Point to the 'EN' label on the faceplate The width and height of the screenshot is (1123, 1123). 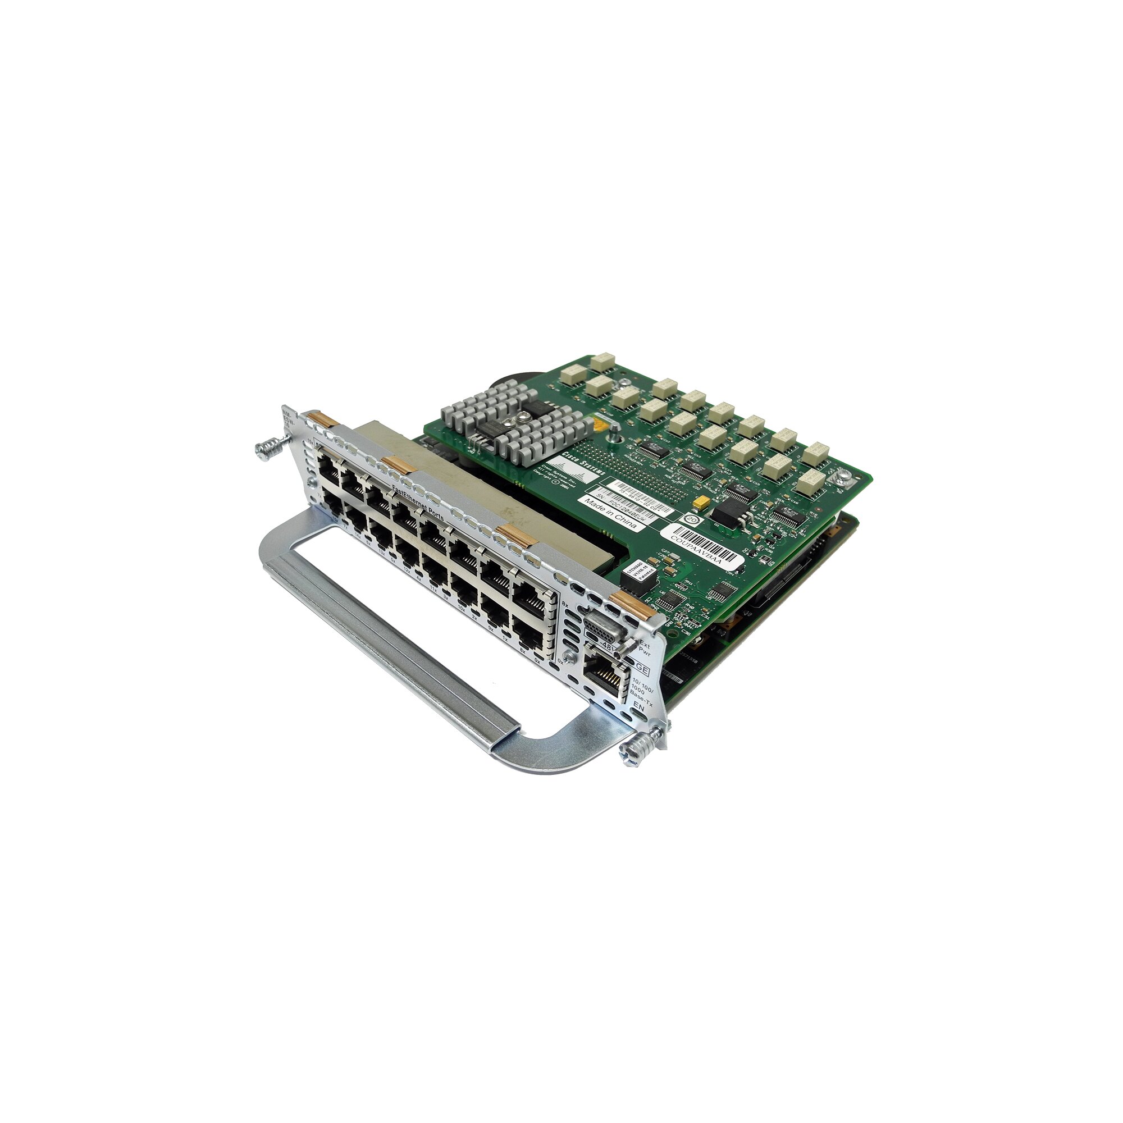tap(640, 707)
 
